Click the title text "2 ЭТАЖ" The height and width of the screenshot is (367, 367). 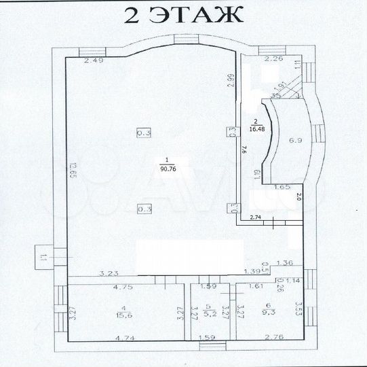[x=183, y=15]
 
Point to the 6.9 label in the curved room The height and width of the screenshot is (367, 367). [x=295, y=141]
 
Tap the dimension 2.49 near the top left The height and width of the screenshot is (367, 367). [x=94, y=62]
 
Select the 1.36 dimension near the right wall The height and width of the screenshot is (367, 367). [x=286, y=263]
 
